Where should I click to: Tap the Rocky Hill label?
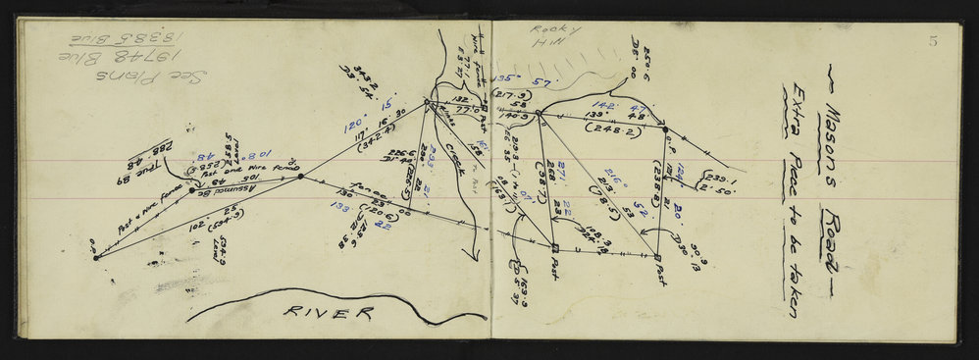point(541,38)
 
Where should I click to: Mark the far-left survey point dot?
point(95,257)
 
